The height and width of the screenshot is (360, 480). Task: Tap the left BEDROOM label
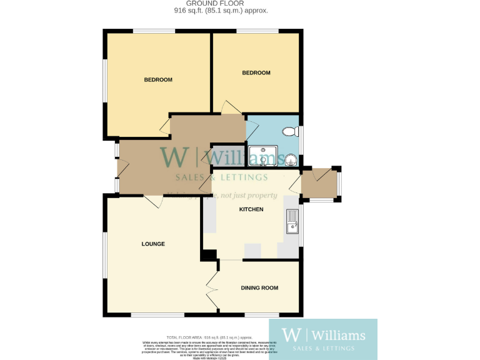(x=158, y=79)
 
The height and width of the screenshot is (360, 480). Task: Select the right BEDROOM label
(x=256, y=73)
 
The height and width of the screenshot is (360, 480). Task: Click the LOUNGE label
(x=153, y=244)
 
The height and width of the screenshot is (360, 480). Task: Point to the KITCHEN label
(x=251, y=209)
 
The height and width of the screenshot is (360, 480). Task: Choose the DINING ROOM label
(x=259, y=287)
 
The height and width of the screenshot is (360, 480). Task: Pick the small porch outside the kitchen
(x=320, y=184)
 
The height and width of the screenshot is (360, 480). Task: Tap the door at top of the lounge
(x=151, y=201)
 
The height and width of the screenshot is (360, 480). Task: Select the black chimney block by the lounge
(x=209, y=256)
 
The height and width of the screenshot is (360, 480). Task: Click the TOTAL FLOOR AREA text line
(x=205, y=337)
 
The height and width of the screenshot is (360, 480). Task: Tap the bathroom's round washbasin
(x=291, y=159)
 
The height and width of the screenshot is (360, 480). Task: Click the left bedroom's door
(x=165, y=127)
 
